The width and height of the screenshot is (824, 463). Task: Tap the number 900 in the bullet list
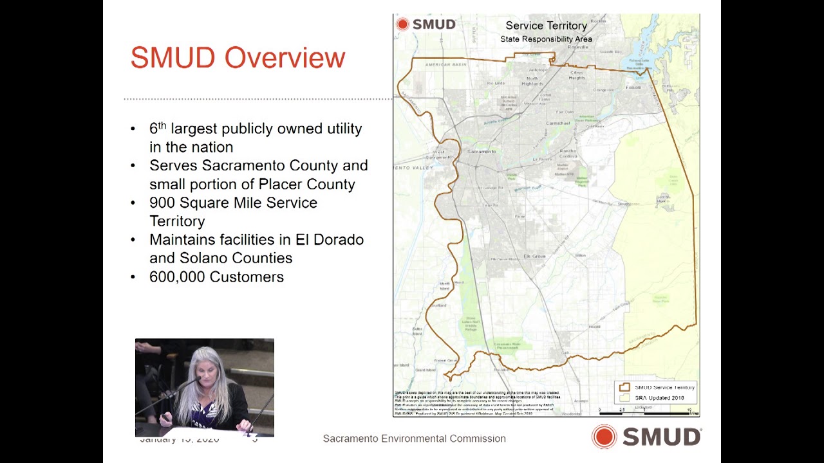[x=162, y=203]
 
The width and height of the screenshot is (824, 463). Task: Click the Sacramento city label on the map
[x=482, y=151]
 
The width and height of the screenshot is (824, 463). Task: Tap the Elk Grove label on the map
[x=534, y=256]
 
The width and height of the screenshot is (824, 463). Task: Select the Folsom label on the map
[x=633, y=87]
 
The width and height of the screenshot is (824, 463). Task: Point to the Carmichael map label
[x=558, y=123]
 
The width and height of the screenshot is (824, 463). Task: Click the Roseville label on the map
[x=578, y=47]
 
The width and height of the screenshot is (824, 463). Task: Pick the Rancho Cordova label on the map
[x=567, y=154]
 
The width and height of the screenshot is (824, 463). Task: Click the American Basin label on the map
[x=445, y=65]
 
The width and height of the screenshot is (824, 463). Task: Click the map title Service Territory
[x=546, y=26]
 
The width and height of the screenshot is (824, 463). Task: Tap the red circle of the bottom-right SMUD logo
[x=604, y=437]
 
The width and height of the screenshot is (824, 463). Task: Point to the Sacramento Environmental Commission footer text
[x=414, y=439]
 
